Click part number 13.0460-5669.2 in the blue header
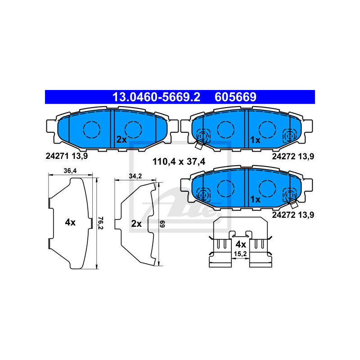click(156, 97)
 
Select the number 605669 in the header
click(235, 97)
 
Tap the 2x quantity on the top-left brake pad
click(121, 139)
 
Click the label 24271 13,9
click(67, 156)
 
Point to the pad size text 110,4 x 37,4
click(179, 162)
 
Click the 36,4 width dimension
click(70, 171)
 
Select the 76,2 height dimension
click(100, 223)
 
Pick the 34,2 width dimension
click(135, 176)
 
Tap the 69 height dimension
click(162, 224)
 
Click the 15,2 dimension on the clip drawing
click(240, 254)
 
